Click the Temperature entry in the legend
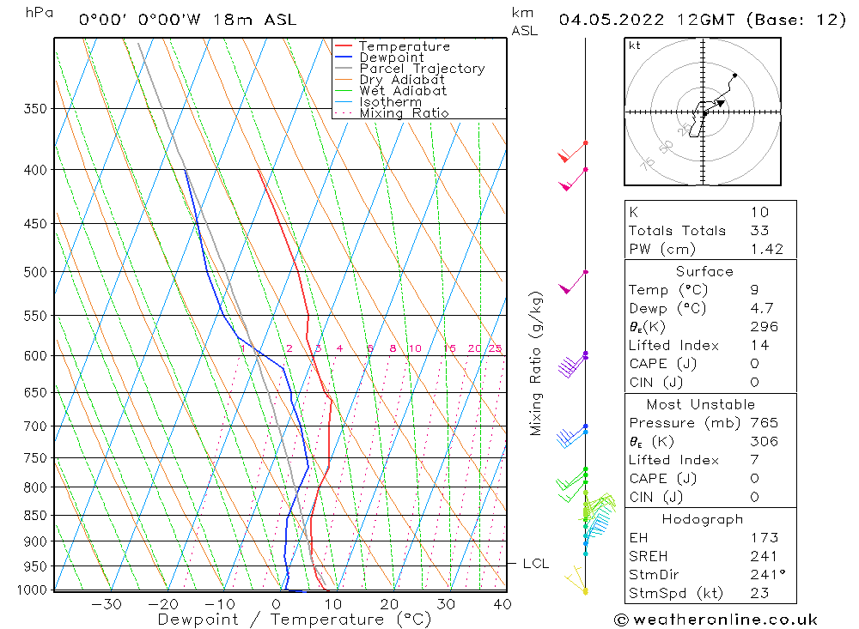[x=404, y=46]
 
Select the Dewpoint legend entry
[x=391, y=57]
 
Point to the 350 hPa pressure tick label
[x=34, y=109]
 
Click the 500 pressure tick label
[x=34, y=272]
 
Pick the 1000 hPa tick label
[x=31, y=590]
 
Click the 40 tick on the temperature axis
[x=503, y=604]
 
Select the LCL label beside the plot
[x=535, y=564]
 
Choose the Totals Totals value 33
[x=759, y=231]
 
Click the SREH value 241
[x=764, y=557]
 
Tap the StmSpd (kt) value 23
[x=759, y=594]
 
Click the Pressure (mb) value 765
[x=764, y=423]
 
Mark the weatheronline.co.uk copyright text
[x=716, y=620]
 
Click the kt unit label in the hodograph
[x=635, y=45]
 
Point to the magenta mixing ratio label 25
[x=495, y=348]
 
